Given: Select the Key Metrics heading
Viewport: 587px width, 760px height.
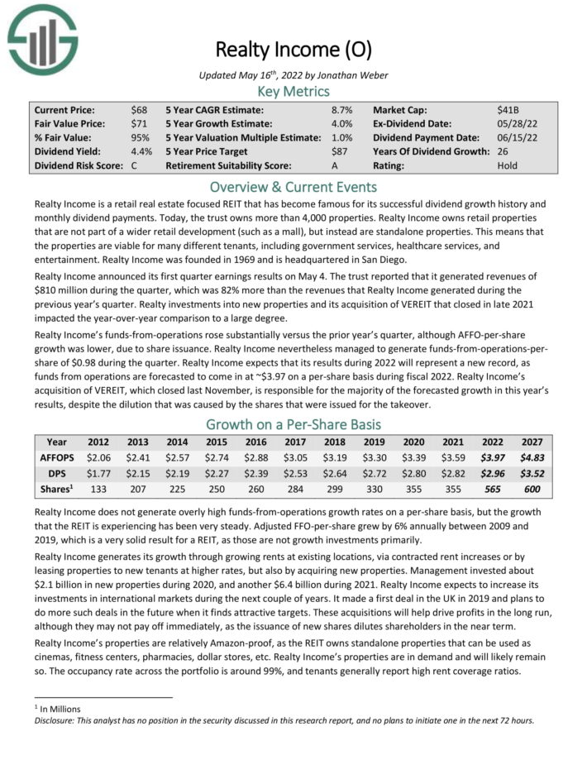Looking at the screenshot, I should point(293,91).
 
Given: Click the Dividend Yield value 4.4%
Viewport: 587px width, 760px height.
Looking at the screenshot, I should point(141,151).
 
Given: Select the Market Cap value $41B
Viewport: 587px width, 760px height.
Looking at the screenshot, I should point(508,109).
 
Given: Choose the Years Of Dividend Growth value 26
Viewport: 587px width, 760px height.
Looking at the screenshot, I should point(503,151).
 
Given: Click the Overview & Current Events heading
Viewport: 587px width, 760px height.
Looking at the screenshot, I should point(293,186).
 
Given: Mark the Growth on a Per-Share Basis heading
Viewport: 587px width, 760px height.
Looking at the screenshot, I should point(293,425).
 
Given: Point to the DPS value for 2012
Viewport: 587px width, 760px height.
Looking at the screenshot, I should point(98,472).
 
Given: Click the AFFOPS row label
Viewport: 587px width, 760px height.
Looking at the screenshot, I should point(56,456).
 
